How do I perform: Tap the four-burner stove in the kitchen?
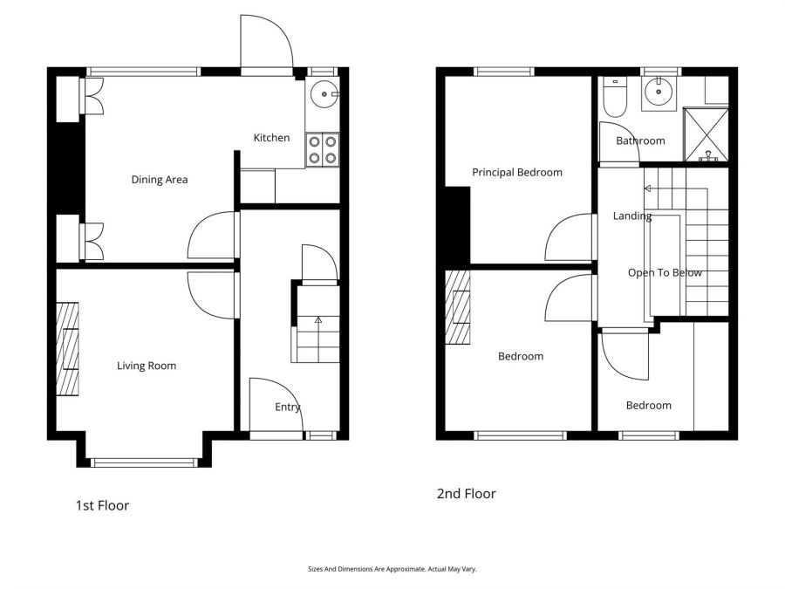click(323, 149)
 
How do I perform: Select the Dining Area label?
click(160, 180)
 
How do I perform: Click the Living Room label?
click(147, 366)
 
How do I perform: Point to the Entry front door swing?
click(274, 403)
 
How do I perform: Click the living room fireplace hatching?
click(68, 348)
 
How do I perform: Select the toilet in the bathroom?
click(614, 98)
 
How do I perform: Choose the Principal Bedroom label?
click(517, 172)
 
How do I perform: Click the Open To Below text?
click(665, 272)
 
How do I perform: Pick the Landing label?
click(631, 216)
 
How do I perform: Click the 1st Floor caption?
click(102, 505)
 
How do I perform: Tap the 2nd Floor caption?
click(466, 494)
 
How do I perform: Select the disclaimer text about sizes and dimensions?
click(392, 569)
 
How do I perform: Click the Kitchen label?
click(271, 138)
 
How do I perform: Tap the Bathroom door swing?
click(619, 143)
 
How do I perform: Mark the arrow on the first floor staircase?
click(317, 321)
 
